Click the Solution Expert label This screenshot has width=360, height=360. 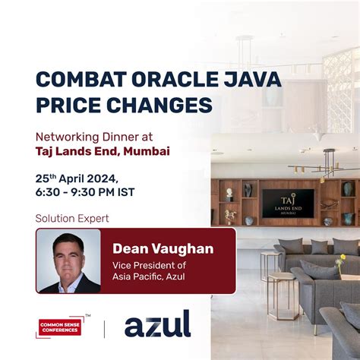tap(72, 219)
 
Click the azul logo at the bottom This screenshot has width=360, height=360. tap(157, 324)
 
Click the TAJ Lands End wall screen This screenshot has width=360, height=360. tap(288, 202)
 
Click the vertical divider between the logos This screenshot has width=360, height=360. tap(104, 326)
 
